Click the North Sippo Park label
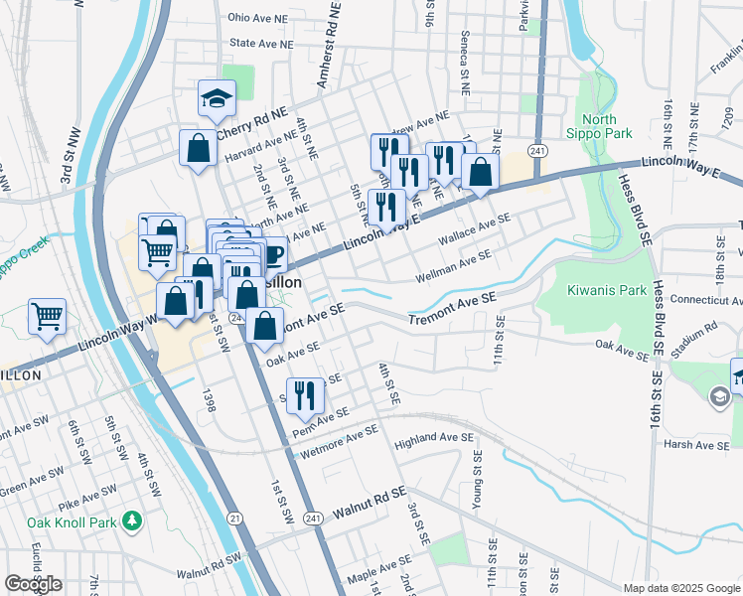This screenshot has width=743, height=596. click(606, 126)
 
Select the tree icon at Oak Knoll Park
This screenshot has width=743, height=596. click(131, 521)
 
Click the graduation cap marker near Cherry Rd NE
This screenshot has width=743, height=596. click(217, 98)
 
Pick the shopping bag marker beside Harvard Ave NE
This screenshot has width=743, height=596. click(198, 148)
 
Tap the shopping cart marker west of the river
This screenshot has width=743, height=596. click(48, 317)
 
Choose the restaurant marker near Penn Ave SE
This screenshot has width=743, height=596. click(305, 394)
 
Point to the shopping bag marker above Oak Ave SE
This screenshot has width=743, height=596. click(264, 325)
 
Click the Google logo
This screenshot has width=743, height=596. click(33, 584)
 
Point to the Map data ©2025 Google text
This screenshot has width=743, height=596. click(680, 588)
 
